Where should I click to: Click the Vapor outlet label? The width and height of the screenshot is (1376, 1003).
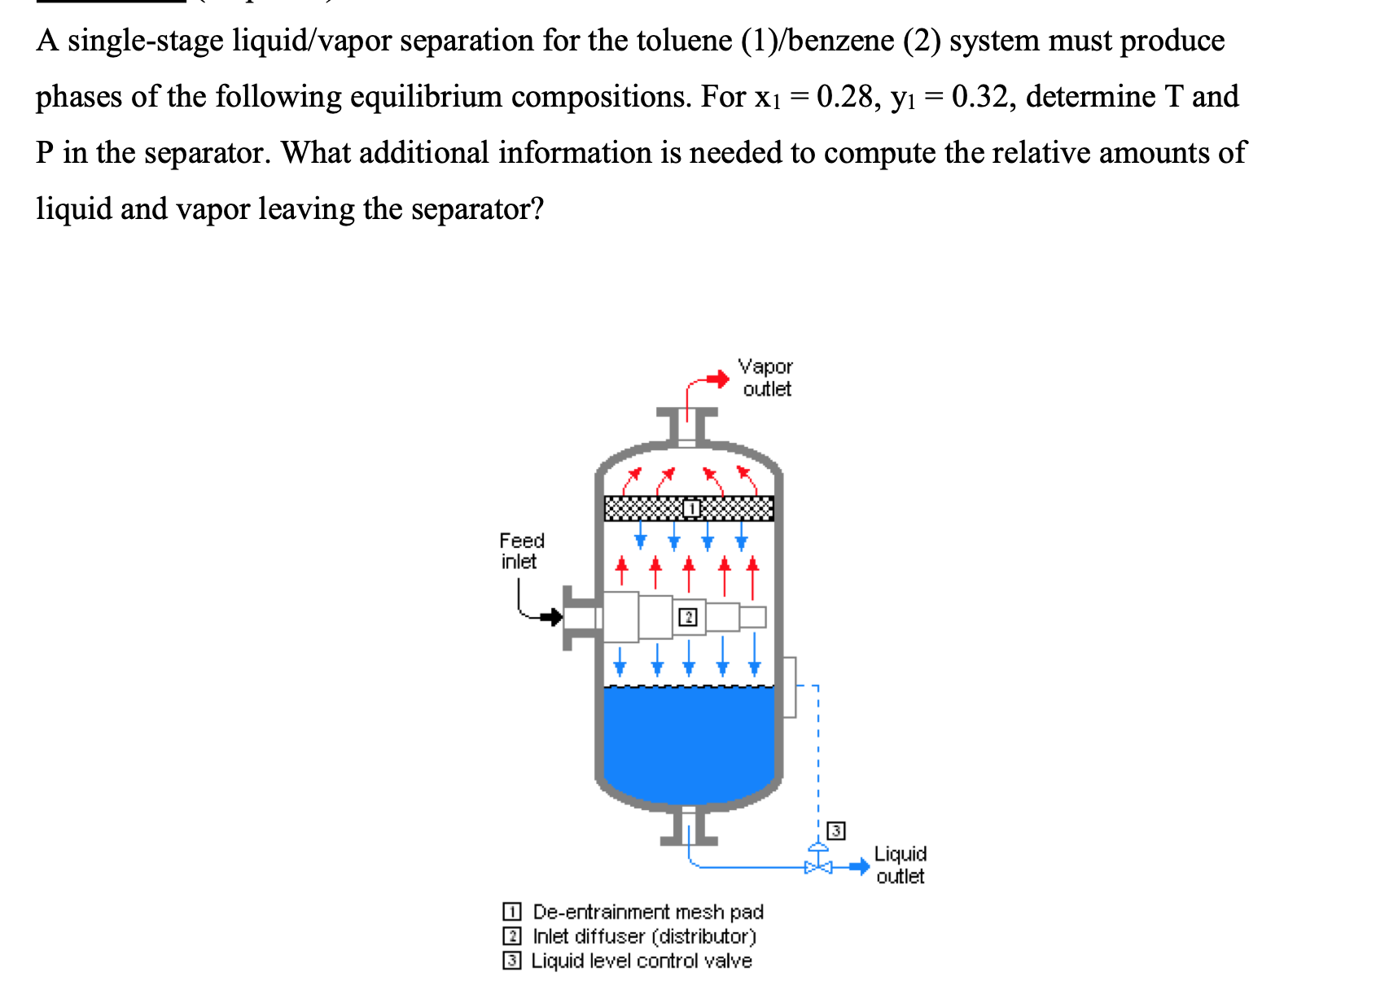point(765,378)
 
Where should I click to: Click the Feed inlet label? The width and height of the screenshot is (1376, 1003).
point(521,551)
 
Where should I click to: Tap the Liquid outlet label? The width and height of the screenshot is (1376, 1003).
point(900,865)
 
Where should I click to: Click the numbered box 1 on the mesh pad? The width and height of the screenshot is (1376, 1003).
point(690,509)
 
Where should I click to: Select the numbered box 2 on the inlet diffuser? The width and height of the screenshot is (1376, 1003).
point(688,617)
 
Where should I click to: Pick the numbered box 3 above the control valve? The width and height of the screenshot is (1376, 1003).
point(835,831)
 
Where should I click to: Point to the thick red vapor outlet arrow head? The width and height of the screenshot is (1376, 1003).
point(719,379)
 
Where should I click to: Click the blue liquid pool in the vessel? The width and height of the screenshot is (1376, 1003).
point(689,741)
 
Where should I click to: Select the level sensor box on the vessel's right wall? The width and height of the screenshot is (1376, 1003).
point(789,687)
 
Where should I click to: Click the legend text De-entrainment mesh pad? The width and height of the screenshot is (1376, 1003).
point(647,912)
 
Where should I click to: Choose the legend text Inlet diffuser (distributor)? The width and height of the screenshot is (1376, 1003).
point(644,936)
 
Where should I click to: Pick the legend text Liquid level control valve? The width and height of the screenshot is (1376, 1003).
point(642,961)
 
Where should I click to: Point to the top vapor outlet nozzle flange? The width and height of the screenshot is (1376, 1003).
point(688,413)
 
